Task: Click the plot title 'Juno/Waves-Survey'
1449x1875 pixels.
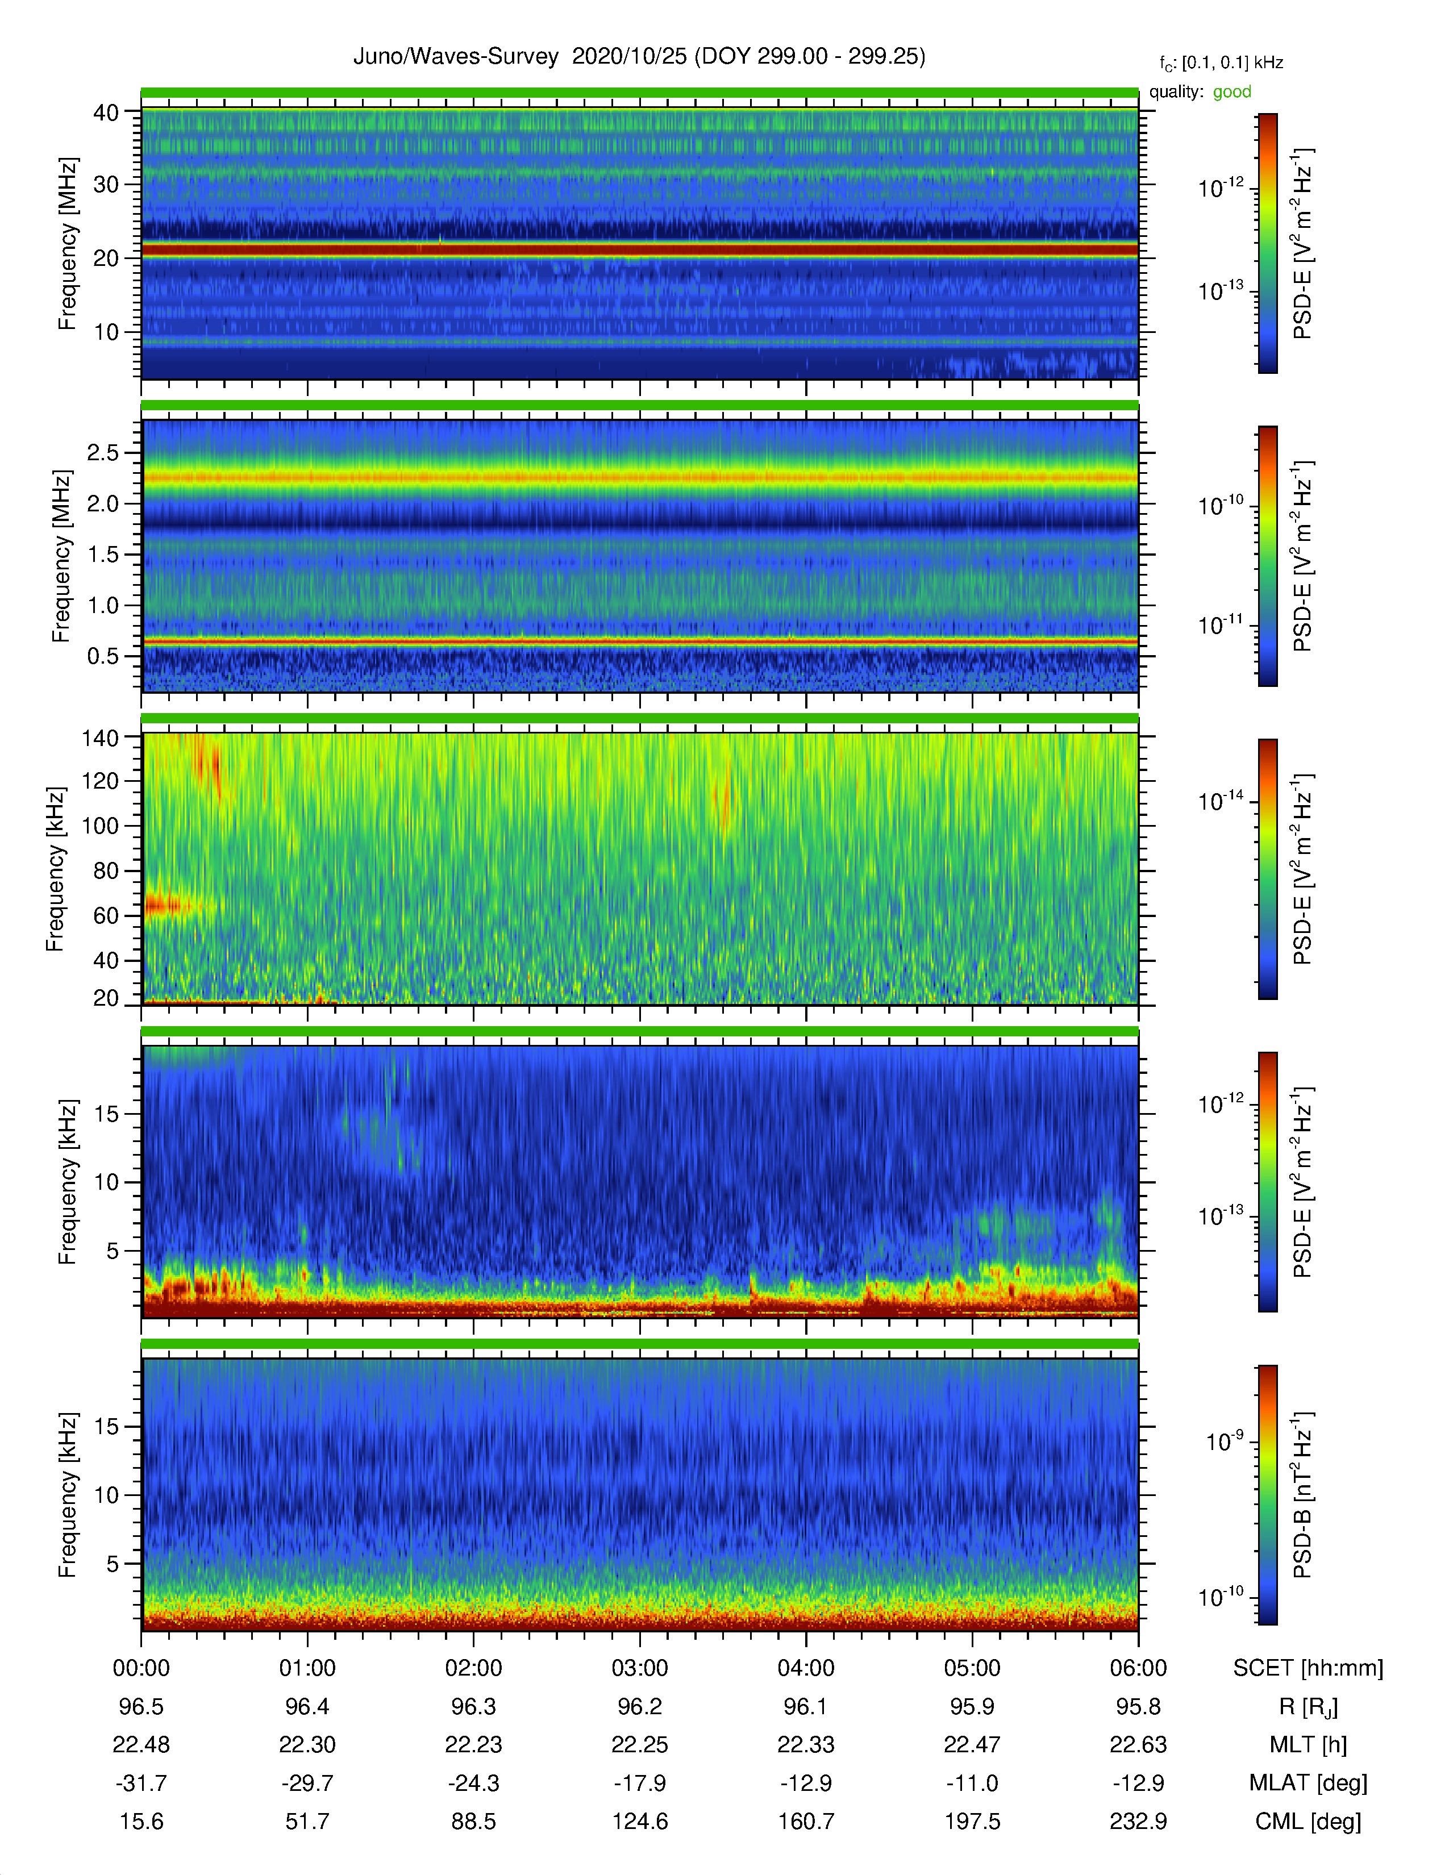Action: [456, 57]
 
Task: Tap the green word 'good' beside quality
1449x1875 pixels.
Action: [1232, 92]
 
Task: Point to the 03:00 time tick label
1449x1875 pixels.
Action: [639, 1668]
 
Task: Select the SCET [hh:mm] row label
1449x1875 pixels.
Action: [1308, 1668]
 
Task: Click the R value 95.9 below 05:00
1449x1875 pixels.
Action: [972, 1707]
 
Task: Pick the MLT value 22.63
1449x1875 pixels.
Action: [1138, 1744]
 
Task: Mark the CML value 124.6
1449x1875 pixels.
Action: [639, 1821]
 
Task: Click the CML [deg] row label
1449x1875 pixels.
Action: [1308, 1821]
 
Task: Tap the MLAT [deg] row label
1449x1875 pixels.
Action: [1308, 1783]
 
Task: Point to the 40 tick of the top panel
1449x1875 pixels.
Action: [106, 113]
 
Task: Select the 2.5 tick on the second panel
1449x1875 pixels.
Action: [103, 452]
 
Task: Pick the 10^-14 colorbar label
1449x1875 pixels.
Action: [1221, 800]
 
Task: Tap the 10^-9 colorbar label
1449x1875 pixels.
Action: [1225, 1440]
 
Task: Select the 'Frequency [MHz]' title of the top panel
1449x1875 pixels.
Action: [67, 244]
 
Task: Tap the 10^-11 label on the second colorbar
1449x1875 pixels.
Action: [1221, 624]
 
